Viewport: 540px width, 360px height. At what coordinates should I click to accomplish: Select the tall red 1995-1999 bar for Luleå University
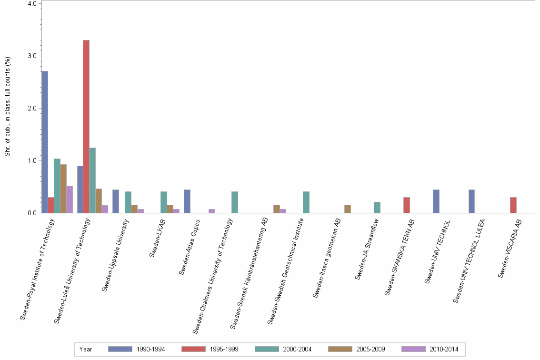coord(86,127)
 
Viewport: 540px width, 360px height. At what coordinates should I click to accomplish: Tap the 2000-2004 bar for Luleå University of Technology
coord(92,180)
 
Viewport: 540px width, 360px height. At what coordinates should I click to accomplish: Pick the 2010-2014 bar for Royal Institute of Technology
coord(70,200)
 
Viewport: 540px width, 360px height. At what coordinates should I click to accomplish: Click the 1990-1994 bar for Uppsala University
coord(116,201)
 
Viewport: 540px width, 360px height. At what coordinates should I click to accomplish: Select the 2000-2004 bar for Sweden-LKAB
coord(164,202)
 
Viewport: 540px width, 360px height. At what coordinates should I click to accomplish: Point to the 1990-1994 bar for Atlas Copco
coord(187,201)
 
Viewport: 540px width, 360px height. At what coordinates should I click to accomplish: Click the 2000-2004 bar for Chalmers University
coord(235,202)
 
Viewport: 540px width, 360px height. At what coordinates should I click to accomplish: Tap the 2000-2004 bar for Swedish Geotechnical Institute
coord(306,202)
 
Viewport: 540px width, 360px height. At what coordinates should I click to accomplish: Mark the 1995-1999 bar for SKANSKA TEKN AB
coord(407,205)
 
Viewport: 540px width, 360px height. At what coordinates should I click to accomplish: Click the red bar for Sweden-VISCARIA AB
coord(513,205)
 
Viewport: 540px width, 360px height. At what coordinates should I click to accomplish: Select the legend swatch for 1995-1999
coord(194,349)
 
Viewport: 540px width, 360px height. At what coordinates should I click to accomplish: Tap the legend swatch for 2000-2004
coord(267,349)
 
